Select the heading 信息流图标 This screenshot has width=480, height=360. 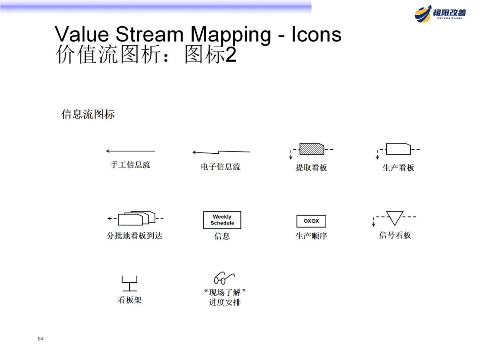pos(88,115)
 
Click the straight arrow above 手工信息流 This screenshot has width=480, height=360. pos(131,151)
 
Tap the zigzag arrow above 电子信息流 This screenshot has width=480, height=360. pos(221,152)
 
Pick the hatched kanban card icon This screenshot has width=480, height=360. pos(312,149)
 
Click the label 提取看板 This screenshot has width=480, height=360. pos(311,168)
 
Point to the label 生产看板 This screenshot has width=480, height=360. pos(398,168)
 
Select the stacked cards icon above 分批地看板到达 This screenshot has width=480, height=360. pos(136,218)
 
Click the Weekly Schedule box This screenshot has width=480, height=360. pos(222,220)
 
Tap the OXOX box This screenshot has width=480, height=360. pos(311,221)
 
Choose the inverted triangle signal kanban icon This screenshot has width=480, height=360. pos(395,218)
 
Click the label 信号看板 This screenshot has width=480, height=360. pos(395,235)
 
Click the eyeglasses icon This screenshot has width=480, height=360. pos(224,278)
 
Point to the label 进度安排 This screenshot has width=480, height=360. pos(225,303)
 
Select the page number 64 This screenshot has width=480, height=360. pos(40,339)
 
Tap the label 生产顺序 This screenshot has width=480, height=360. pos(311,236)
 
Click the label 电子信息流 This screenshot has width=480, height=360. pos(220,167)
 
